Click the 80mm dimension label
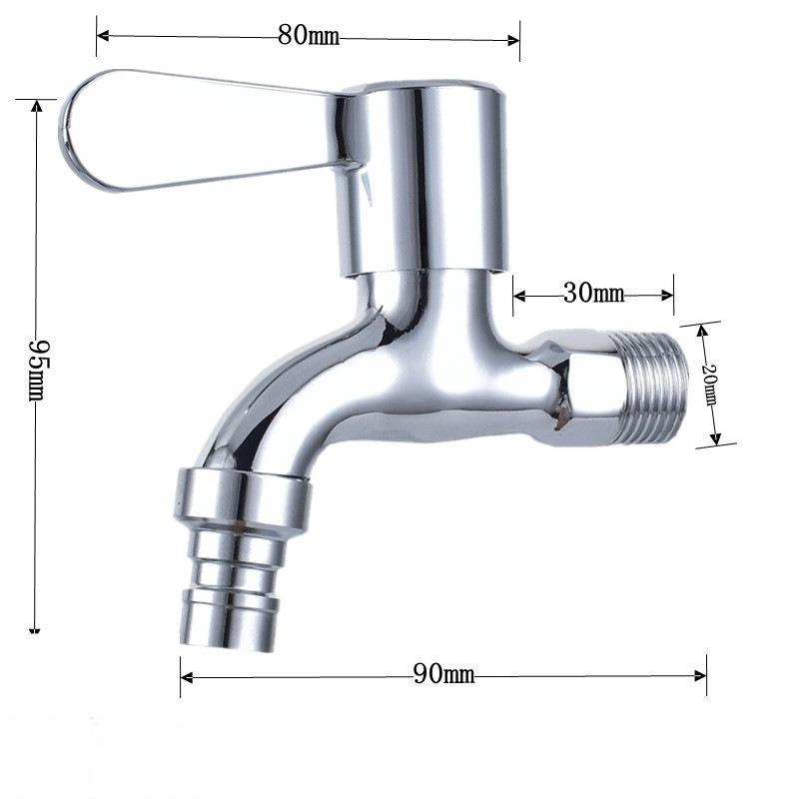[x=309, y=37]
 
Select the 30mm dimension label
[x=593, y=294]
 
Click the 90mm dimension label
[x=443, y=674]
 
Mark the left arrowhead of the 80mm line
[x=100, y=38]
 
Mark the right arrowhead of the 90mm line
[x=703, y=675]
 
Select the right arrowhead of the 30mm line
[x=670, y=295]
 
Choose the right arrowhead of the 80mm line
[x=516, y=40]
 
